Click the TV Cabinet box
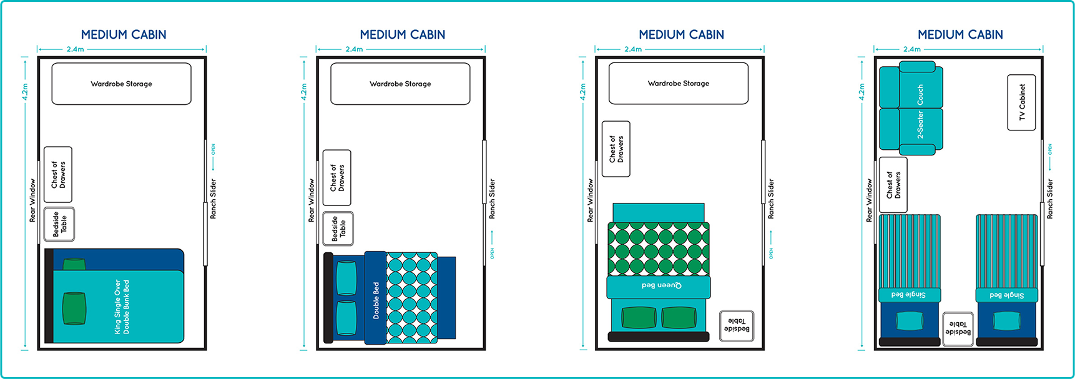tap(1021, 102)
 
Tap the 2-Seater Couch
tap(911, 110)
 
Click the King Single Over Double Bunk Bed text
tap(122, 307)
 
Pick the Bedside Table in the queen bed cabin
tap(737, 326)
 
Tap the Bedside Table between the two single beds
tap(958, 328)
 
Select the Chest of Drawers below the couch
tap(893, 185)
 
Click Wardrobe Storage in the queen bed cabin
tap(679, 83)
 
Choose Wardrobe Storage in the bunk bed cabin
tap(121, 84)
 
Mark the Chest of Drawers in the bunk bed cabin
tap(58, 175)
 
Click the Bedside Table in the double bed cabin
tap(338, 229)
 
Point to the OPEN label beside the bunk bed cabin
tap(213, 149)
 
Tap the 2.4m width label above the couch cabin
tap(911, 49)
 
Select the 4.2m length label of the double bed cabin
tap(304, 92)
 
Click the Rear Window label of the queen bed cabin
tap(590, 200)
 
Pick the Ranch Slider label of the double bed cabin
tap(492, 199)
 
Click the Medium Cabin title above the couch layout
tap(960, 35)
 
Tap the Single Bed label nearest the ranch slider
tap(1006, 295)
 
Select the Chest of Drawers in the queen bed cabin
tap(616, 149)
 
